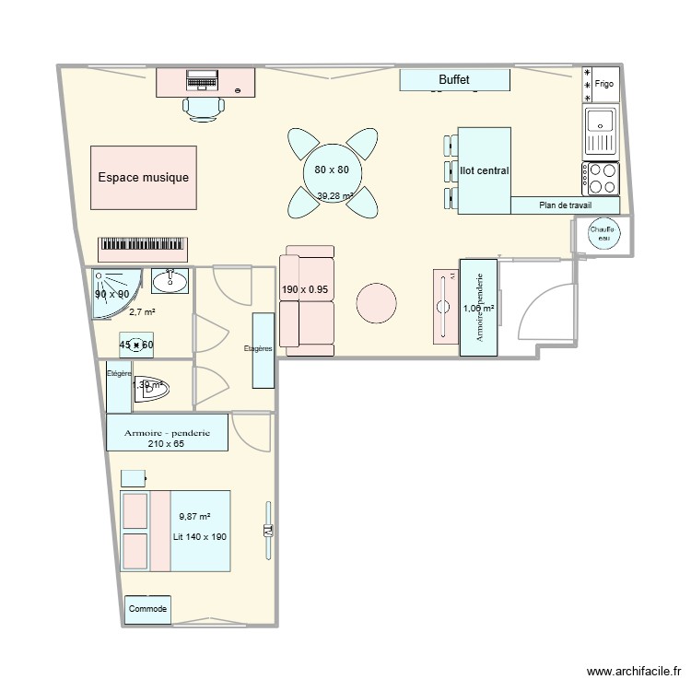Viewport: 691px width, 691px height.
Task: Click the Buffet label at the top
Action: [x=454, y=81]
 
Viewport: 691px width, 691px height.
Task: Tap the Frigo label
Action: [x=604, y=85]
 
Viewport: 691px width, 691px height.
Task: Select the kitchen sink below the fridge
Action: [x=600, y=130]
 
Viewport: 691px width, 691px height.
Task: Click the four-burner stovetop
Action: [x=600, y=177]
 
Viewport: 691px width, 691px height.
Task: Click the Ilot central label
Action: [x=484, y=170]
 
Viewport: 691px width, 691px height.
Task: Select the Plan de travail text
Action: [x=565, y=205]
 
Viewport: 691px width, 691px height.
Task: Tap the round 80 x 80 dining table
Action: [x=332, y=170]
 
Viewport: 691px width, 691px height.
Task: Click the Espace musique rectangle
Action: [x=143, y=177]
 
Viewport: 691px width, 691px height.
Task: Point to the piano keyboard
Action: [x=143, y=247]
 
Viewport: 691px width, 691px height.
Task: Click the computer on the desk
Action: [x=203, y=81]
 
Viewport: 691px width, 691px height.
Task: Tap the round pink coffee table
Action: [x=377, y=302]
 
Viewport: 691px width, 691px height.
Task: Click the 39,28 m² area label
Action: [x=335, y=195]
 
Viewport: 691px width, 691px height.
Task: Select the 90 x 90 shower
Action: [x=112, y=293]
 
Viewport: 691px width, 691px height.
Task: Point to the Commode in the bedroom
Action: [x=147, y=609]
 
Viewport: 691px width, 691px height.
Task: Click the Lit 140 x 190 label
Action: [x=199, y=536]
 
